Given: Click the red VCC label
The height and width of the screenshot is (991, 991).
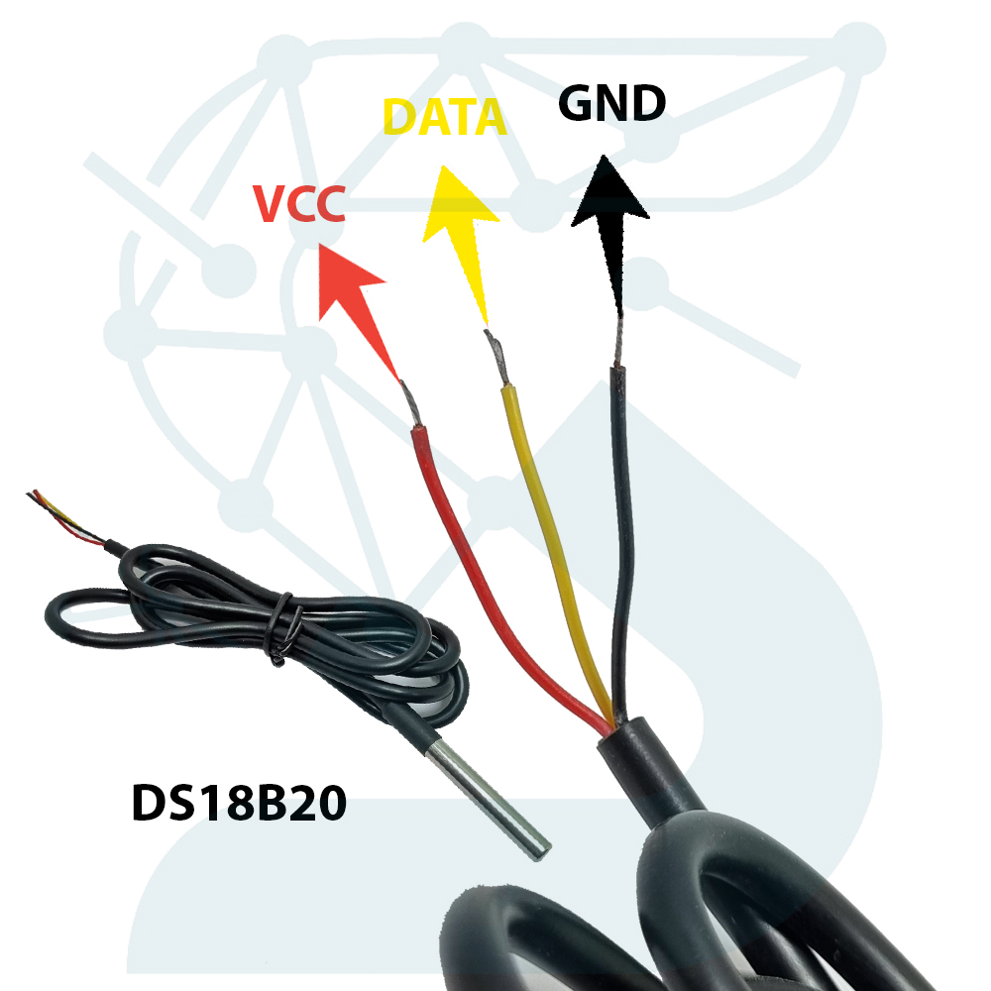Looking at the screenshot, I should (298, 205).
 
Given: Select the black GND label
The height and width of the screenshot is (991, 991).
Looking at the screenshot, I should (611, 104).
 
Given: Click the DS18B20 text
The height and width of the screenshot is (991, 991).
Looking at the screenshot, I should (239, 804).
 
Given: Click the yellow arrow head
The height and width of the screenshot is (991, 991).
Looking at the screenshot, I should (457, 202).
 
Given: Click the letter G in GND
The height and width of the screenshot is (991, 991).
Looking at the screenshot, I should (578, 104).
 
